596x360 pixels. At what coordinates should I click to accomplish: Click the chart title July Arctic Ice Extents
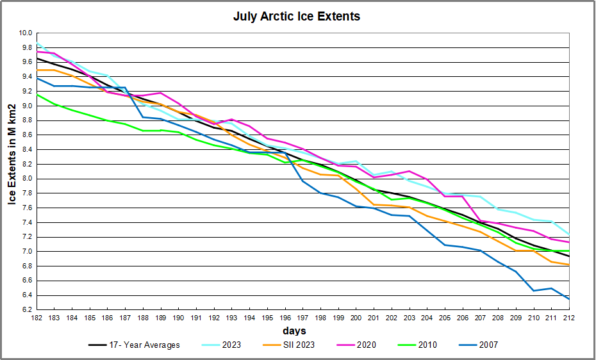click(x=297, y=17)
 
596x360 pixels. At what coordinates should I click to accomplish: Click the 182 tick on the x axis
click(x=37, y=318)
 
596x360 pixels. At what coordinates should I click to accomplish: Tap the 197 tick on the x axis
click(x=302, y=318)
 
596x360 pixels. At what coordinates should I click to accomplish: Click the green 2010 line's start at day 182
click(x=37, y=95)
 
